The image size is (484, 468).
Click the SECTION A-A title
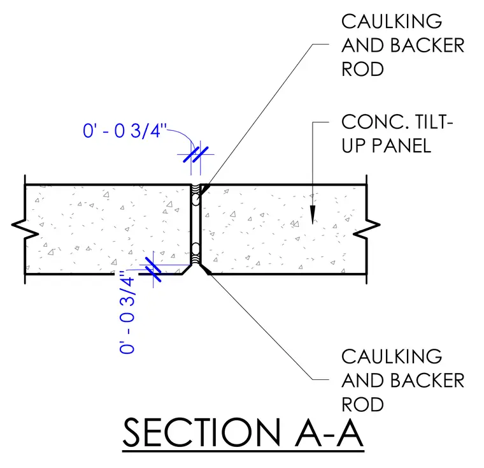pos(243,432)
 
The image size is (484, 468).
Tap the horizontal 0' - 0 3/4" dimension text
pos(125,131)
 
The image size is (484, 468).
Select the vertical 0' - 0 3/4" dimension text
pos(127,312)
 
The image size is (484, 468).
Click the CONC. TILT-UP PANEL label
pos(397,133)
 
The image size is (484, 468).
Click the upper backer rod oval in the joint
pos(196,200)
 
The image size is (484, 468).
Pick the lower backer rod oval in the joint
pos(196,248)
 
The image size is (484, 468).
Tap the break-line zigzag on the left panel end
pos(25,229)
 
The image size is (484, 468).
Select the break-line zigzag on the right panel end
pos(367,229)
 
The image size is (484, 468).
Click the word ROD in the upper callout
pos(362,69)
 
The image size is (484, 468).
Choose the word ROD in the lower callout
pos(362,405)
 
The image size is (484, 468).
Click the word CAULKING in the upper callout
pos(392,21)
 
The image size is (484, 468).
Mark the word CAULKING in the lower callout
pos(392,356)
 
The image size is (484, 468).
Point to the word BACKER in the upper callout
pos(427,45)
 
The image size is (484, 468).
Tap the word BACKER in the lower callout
pos(427,381)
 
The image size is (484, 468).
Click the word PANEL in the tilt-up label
pos(401,145)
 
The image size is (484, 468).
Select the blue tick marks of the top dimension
pos(196,154)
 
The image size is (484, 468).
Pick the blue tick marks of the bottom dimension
pos(153,270)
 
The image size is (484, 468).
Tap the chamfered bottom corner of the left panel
pos(187,269)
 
